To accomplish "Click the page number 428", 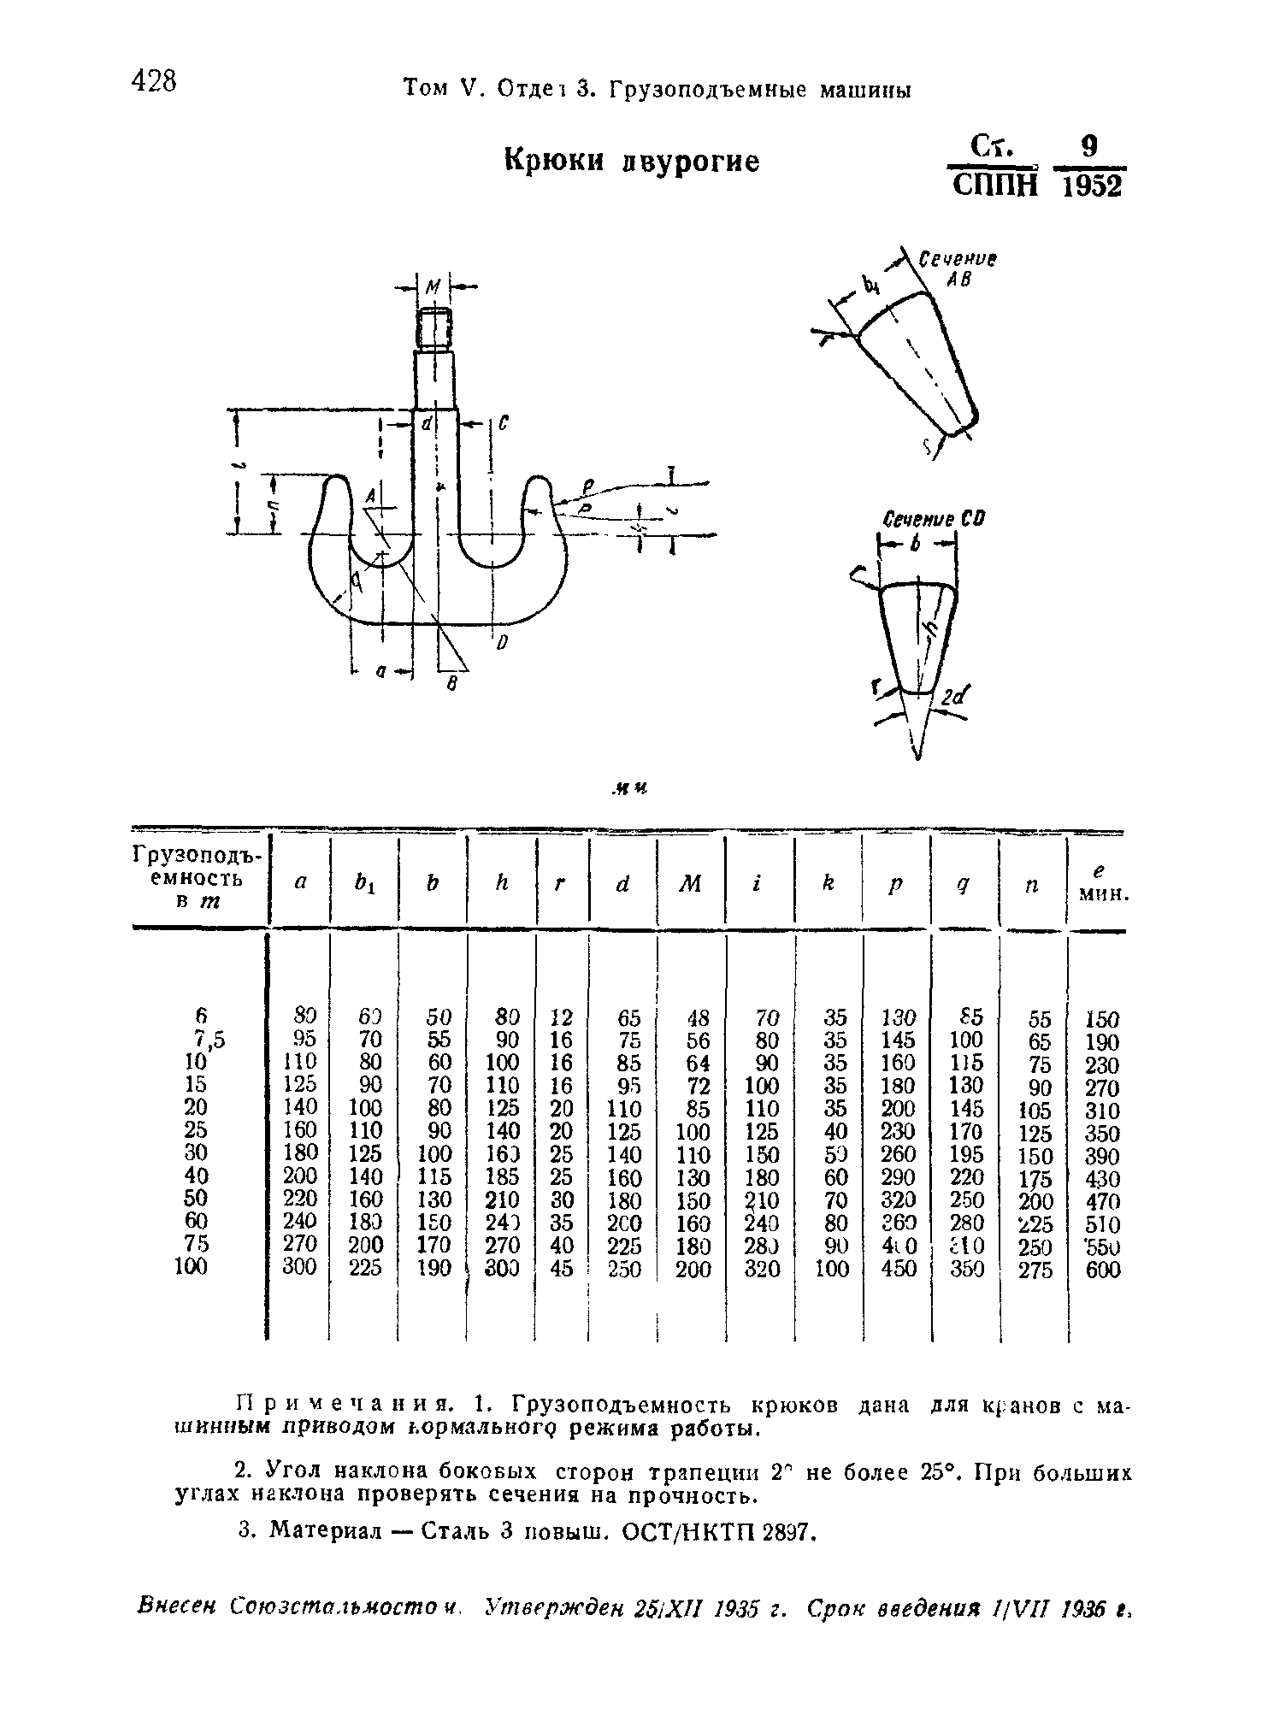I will [x=154, y=83].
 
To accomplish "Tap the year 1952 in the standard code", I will [x=1090, y=186].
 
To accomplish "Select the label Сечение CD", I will [x=933, y=519].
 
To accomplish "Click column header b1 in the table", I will [x=365, y=883].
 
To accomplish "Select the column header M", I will [x=691, y=883].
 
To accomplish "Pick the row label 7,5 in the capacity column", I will [x=209, y=1039].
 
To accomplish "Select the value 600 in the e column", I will [x=1103, y=1270].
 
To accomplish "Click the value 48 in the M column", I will [x=698, y=1018].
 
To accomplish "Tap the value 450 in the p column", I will [x=899, y=1269].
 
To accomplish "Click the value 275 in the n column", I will [x=1035, y=1270].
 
